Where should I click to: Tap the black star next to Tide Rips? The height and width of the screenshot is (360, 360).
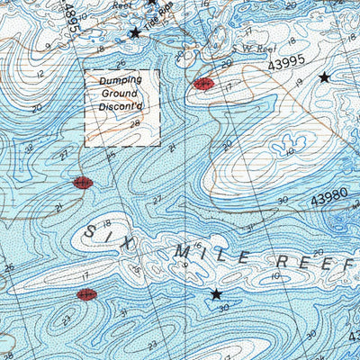point(135,32)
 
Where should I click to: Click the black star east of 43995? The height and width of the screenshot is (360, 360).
point(324,78)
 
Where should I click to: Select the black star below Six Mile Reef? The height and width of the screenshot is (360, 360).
point(215,294)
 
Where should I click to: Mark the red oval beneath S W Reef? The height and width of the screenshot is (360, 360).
point(203,84)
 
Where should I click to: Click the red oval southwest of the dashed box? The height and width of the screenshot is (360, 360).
point(82,183)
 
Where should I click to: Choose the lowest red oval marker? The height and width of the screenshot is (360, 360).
point(86,294)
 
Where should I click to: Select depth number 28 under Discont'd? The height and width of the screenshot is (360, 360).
point(135,124)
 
